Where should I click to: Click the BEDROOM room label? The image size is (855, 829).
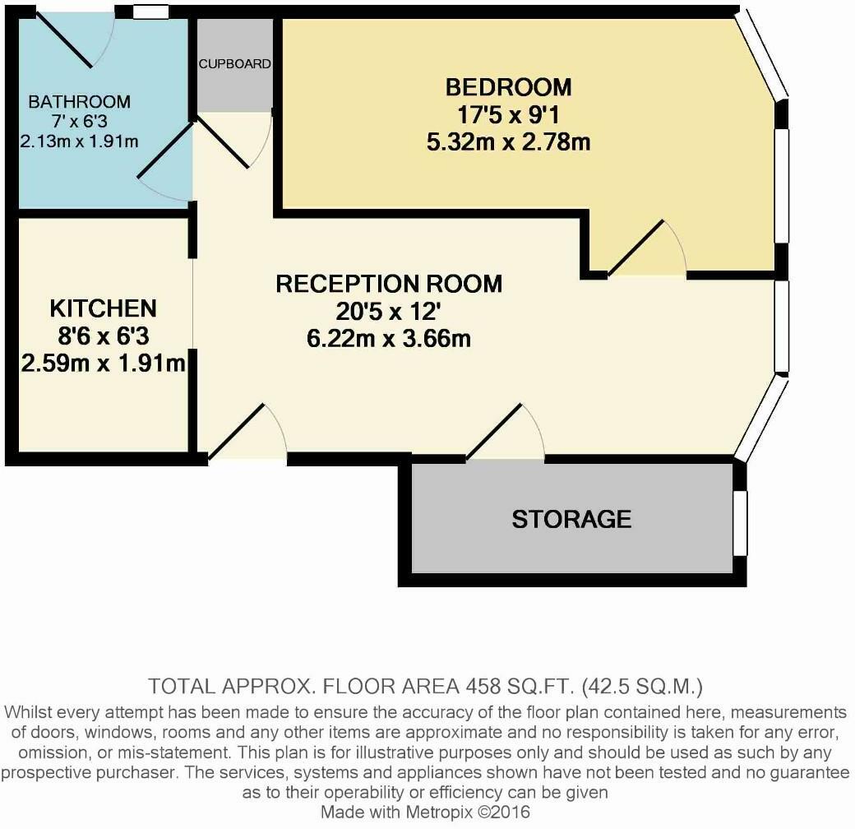[508, 86]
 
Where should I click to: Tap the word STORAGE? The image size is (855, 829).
[571, 519]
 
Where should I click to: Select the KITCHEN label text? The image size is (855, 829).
[103, 308]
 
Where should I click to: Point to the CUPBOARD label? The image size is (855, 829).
[234, 63]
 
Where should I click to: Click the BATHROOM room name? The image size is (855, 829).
[79, 102]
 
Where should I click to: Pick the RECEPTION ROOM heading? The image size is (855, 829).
[389, 284]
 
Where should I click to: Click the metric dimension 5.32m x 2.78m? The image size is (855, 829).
[508, 141]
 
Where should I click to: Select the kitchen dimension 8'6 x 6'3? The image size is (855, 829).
[103, 336]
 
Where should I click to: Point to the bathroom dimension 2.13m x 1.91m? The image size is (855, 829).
[79, 141]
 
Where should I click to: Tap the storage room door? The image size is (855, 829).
[506, 433]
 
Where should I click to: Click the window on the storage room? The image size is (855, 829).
[741, 523]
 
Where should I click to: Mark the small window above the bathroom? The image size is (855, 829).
[150, 12]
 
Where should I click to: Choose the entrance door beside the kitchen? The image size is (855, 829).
[247, 433]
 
